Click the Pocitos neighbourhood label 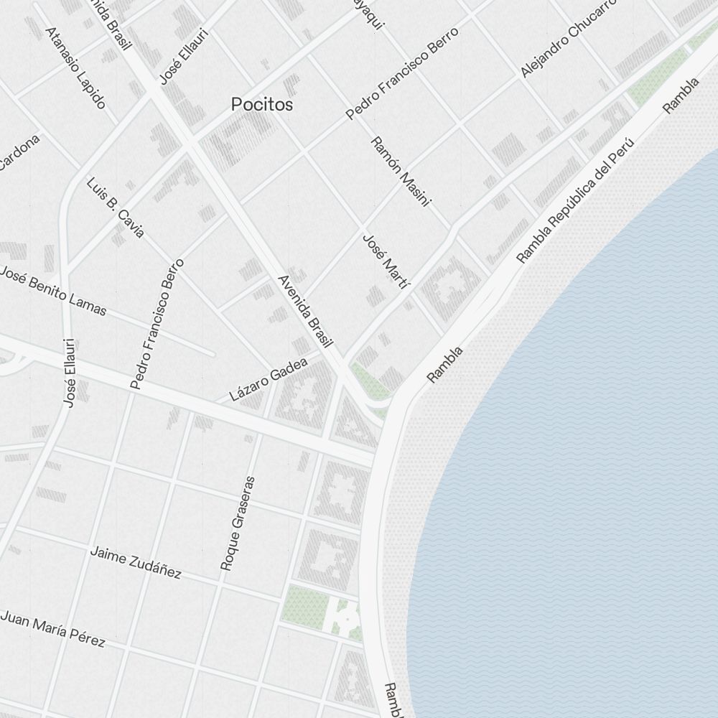[x=262, y=104]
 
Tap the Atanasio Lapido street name [x=75, y=67]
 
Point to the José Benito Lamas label [x=53, y=292]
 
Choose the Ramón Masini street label [x=400, y=172]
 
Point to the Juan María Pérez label [x=53, y=628]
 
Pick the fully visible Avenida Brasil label [x=306, y=313]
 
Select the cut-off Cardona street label [x=19, y=151]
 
